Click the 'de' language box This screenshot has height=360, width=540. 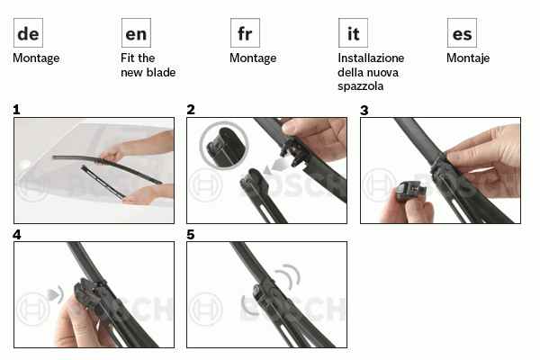click(x=28, y=32)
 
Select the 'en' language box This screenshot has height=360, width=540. click(x=136, y=32)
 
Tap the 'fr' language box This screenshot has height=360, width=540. click(x=245, y=32)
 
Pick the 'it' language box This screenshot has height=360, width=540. click(x=353, y=32)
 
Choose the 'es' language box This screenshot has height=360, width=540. click(x=462, y=32)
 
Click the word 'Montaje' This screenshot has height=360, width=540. click(x=468, y=58)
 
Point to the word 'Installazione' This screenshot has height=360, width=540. click(x=371, y=58)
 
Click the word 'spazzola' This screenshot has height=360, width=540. click(x=360, y=86)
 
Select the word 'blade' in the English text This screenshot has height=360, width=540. click(x=160, y=72)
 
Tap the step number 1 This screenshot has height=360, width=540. click(x=16, y=110)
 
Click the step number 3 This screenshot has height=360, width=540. click(x=364, y=110)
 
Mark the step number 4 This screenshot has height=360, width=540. click(x=16, y=235)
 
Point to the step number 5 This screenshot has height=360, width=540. click(x=191, y=235)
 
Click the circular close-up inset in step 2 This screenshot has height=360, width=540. click(x=224, y=146)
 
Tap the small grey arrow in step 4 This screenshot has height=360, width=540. click(x=53, y=294)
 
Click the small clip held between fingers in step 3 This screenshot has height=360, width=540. click(x=409, y=192)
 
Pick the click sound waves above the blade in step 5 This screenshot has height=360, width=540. click(x=289, y=276)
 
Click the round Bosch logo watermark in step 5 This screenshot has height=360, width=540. click(x=205, y=309)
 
